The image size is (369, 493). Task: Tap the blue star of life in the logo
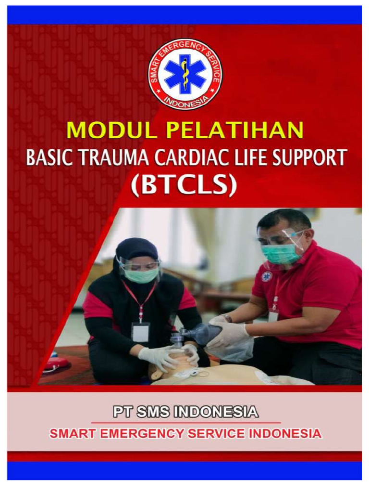[185, 74]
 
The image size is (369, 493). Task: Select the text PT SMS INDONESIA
[185, 413]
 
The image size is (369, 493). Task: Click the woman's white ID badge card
[140, 332]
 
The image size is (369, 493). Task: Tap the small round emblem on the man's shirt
[266, 276]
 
